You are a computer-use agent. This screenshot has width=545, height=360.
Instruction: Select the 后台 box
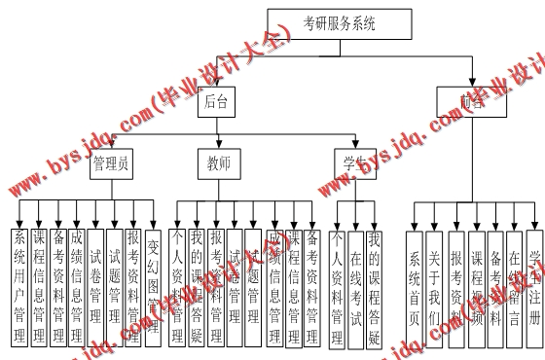pyautogui.click(x=217, y=101)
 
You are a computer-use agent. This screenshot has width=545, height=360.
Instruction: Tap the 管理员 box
pyautogui.click(x=110, y=164)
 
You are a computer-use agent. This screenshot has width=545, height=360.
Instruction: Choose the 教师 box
pyautogui.click(x=220, y=164)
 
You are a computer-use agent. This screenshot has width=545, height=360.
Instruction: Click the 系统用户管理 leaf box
pyautogui.click(x=19, y=286)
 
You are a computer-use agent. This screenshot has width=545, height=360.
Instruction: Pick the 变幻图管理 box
pyautogui.click(x=154, y=286)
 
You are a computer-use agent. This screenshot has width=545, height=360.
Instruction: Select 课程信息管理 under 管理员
pyautogui.click(x=39, y=286)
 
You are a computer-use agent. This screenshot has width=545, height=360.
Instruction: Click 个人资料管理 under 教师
pyautogui.click(x=177, y=286)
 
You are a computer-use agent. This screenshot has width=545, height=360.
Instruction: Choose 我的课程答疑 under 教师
pyautogui.click(x=197, y=286)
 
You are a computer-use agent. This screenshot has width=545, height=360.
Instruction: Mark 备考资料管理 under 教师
pyautogui.click(x=311, y=286)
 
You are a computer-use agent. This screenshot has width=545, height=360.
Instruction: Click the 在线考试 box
pyautogui.click(x=357, y=286)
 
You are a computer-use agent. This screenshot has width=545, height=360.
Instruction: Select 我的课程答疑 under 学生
pyautogui.click(x=376, y=286)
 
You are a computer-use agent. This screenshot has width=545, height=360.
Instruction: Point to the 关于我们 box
pyautogui.click(x=435, y=288)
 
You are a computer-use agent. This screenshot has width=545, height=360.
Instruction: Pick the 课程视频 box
pyautogui.click(x=476, y=288)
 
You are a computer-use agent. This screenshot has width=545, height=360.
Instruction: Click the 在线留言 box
pyautogui.click(x=514, y=288)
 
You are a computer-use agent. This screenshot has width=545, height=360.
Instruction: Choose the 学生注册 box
pyautogui.click(x=534, y=288)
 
